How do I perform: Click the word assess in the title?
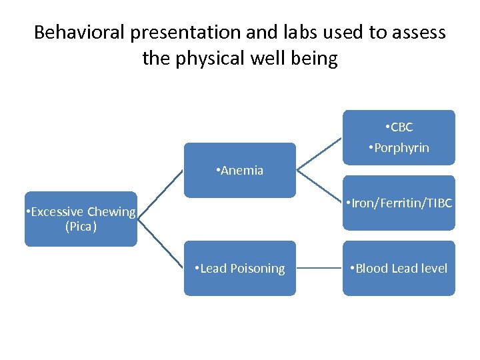pyautogui.click(x=421, y=32)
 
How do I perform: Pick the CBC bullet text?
pyautogui.click(x=401, y=127)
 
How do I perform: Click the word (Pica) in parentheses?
pyautogui.click(x=81, y=227)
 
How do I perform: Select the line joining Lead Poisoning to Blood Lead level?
pyautogui.click(x=319, y=269)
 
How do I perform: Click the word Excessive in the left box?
pyautogui.click(x=55, y=212)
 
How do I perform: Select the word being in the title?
pyautogui.click(x=316, y=59)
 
